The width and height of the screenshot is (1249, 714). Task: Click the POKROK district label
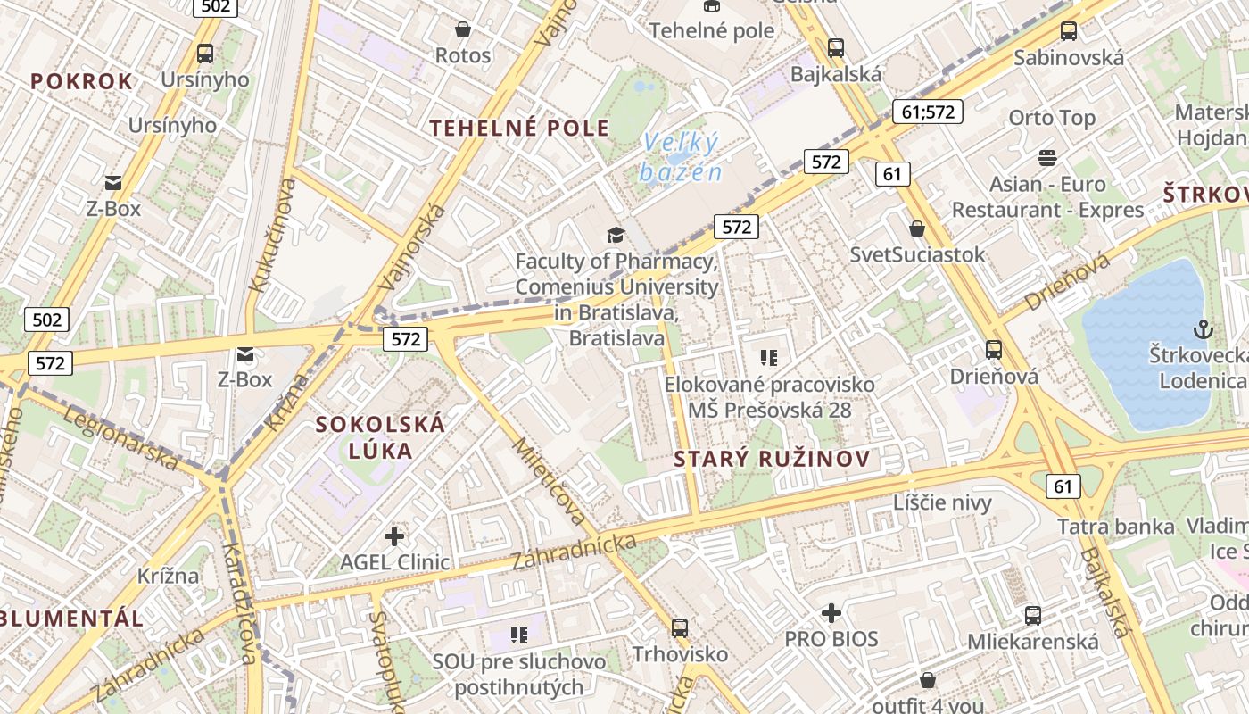click(81, 81)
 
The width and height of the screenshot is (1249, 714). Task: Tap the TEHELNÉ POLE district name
click(519, 128)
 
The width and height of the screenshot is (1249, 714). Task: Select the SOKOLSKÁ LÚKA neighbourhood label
click(380, 436)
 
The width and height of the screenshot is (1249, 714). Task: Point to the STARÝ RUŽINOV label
click(772, 460)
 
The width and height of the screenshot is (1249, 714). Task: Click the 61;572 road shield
click(927, 112)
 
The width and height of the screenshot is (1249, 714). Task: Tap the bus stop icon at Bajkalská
click(835, 48)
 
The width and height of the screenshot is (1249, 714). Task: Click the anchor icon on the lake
click(1203, 328)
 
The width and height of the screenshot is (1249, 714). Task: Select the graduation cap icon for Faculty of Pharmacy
click(616, 236)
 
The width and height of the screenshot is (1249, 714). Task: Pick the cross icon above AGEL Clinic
click(393, 536)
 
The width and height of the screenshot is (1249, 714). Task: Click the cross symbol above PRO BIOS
click(831, 613)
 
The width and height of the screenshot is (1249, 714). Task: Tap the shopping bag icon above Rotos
click(462, 29)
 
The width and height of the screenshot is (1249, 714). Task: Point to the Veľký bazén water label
click(681, 156)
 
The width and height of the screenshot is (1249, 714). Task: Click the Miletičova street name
click(549, 481)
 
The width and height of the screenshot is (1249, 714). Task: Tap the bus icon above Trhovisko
click(680, 627)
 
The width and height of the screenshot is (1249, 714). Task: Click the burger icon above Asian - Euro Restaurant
click(1046, 158)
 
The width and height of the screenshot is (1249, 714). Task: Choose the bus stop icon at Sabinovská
click(1068, 31)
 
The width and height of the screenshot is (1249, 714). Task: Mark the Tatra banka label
click(1115, 527)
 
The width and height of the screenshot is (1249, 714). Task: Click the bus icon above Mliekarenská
click(1032, 615)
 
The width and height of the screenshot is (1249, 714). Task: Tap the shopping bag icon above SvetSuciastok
click(916, 228)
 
